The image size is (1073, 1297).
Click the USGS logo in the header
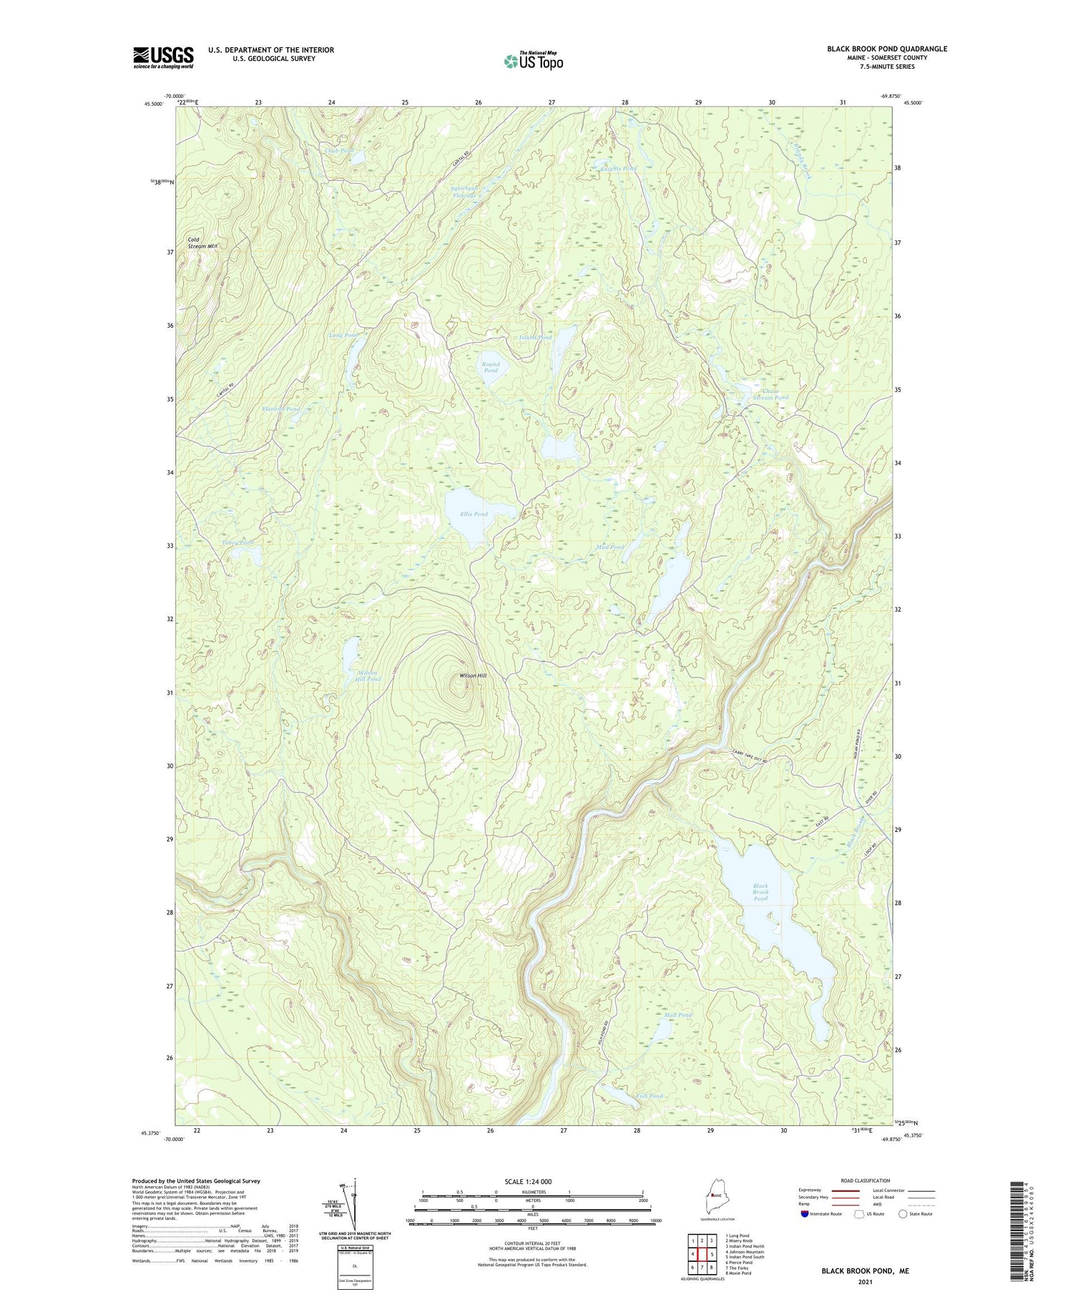click(163, 57)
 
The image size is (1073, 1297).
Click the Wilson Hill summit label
click(473, 675)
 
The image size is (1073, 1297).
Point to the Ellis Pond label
click(474, 514)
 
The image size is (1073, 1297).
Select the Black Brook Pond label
click(760, 892)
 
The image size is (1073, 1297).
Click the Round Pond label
click(490, 367)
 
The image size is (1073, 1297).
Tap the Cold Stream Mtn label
click(202, 243)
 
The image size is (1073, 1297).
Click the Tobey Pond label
click(237, 542)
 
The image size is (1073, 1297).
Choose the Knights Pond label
click(617, 169)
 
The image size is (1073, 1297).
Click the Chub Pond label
click(339, 151)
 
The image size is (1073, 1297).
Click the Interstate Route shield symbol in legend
click(805, 1214)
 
